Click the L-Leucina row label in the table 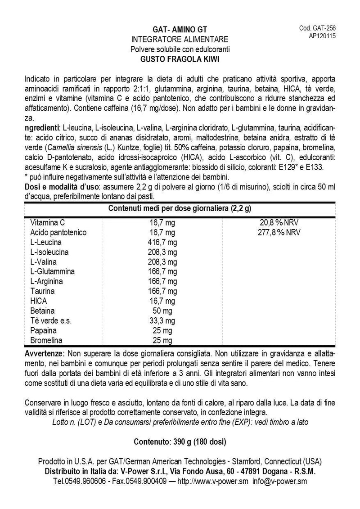pyautogui.click(x=46, y=242)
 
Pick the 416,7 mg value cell pyautogui.click(x=162, y=242)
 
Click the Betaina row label pyautogui.click(x=42, y=311)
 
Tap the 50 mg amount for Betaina pyautogui.click(x=162, y=311)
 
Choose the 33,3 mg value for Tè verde pyautogui.click(x=162, y=321)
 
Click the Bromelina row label pyautogui.click(x=46, y=341)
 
